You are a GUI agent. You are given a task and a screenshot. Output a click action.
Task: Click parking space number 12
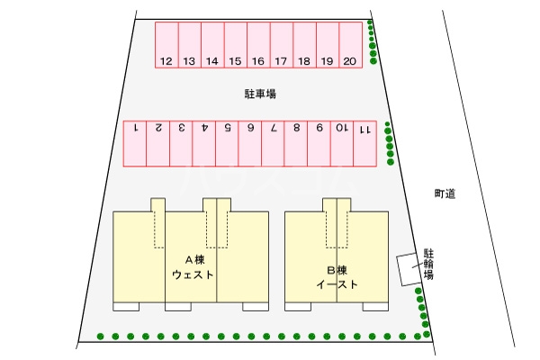click(x=166, y=45)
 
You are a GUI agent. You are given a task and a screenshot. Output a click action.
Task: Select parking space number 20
click(x=351, y=45)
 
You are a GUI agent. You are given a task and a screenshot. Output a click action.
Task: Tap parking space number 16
click(x=258, y=45)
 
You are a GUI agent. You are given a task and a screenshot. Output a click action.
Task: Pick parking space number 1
click(x=135, y=144)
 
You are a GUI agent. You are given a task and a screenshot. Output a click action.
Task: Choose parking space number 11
click(x=365, y=144)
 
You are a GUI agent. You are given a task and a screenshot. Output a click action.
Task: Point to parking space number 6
click(x=250, y=144)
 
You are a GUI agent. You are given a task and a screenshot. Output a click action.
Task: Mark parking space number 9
click(x=319, y=144)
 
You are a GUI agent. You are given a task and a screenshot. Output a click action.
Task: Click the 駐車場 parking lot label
click(x=260, y=94)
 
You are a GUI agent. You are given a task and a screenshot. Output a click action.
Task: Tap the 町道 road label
click(x=445, y=194)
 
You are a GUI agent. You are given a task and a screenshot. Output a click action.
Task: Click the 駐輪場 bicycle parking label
click(x=428, y=265)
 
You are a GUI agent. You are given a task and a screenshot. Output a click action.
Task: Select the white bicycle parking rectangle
click(x=409, y=269)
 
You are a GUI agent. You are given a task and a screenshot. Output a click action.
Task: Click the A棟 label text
click(x=195, y=260)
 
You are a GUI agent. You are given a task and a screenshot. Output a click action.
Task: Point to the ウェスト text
click(x=193, y=274)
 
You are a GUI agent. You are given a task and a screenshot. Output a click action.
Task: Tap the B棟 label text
click(x=337, y=270)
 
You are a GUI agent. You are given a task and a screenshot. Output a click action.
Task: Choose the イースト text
click(x=337, y=284)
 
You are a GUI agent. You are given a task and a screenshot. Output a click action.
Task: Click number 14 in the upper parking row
click(x=212, y=61)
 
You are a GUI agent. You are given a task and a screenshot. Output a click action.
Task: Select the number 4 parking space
click(x=204, y=144)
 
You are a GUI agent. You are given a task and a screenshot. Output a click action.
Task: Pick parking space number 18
click(x=304, y=45)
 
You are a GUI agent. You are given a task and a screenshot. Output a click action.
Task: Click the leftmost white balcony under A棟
click(x=126, y=307)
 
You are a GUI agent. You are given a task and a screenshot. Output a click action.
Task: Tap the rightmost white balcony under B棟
click(x=375, y=307)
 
